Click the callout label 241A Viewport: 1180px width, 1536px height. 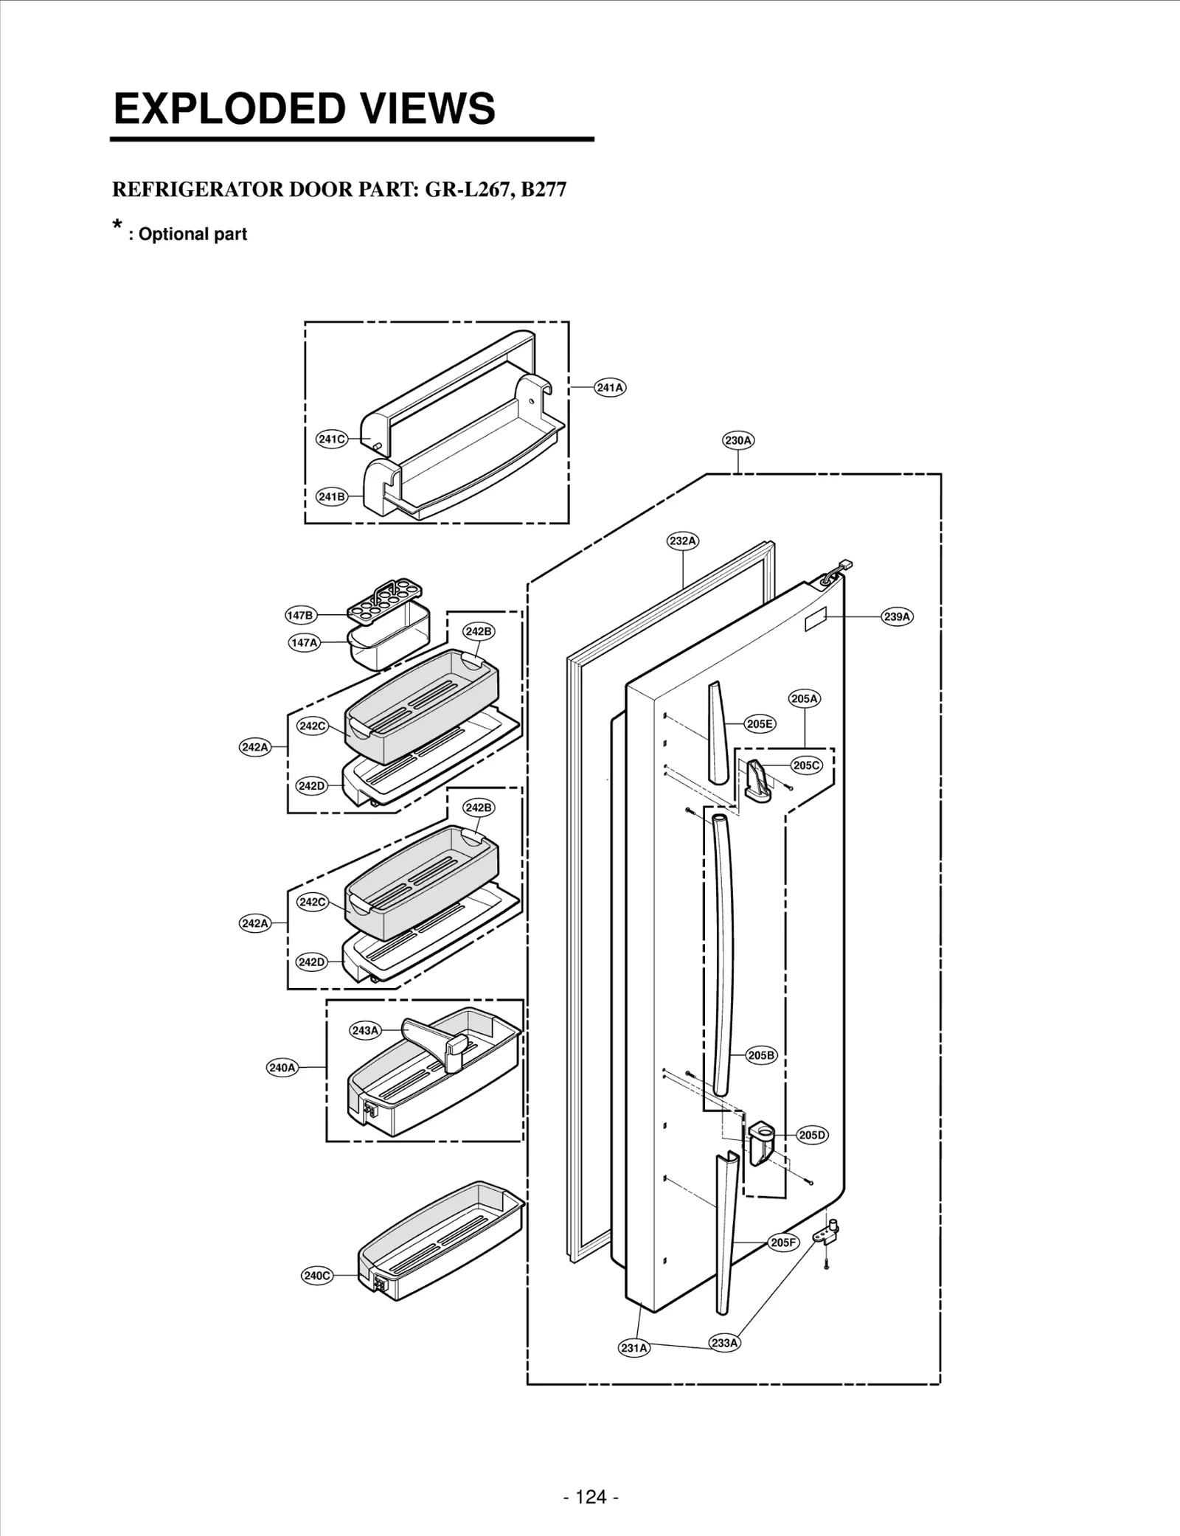(610, 387)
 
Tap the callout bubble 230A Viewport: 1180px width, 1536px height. (738, 440)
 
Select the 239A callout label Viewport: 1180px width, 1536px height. (897, 616)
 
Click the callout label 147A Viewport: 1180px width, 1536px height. (304, 642)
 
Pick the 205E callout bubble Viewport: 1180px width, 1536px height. (760, 724)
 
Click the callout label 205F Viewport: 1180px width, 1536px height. (783, 1243)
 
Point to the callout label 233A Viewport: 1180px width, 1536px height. (724, 1343)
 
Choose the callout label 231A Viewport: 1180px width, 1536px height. (634, 1348)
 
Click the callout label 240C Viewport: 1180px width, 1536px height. (317, 1276)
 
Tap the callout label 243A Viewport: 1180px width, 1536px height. (365, 1030)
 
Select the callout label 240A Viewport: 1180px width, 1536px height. (282, 1067)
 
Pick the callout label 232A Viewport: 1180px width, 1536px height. (683, 541)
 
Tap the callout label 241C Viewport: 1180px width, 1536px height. (331, 439)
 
